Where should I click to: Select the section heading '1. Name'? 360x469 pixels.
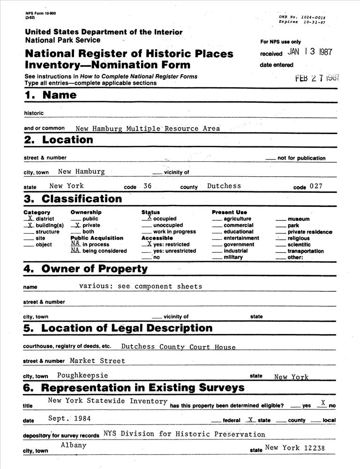pyautogui.click(x=50, y=95)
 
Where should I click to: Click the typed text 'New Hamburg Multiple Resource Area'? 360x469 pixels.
pyautogui.click(x=147, y=128)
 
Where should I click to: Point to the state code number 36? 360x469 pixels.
pyautogui.click(x=147, y=186)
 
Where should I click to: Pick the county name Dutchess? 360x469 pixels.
pyautogui.click(x=224, y=186)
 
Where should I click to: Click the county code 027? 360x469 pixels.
pyautogui.click(x=316, y=186)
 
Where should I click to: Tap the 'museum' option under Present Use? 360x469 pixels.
pyautogui.click(x=298, y=219)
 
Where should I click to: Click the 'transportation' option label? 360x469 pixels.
pyautogui.click(x=305, y=251)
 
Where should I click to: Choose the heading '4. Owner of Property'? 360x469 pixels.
pyautogui.click(x=85, y=269)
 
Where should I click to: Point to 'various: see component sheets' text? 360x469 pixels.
pyautogui.click(x=141, y=286)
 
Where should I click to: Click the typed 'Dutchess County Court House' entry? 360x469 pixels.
pyautogui.click(x=178, y=347)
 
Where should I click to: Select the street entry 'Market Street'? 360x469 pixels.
pyautogui.click(x=97, y=361)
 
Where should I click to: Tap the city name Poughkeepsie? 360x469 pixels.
pyautogui.click(x=82, y=375)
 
